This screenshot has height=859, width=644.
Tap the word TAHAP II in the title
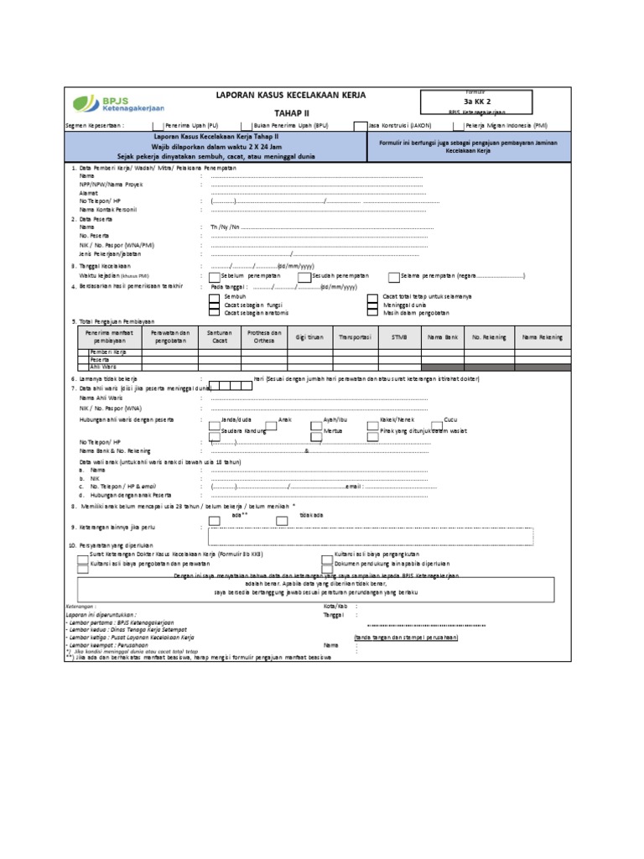[x=291, y=112]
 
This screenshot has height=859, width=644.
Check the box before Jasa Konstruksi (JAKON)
[x=361, y=126]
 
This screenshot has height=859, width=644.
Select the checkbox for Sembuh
[x=215, y=297]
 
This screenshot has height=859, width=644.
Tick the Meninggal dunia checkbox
[x=372, y=305]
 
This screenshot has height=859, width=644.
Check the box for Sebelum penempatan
[x=215, y=276]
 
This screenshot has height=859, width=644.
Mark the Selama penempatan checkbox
[x=394, y=276]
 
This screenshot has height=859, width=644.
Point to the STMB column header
[x=397, y=337]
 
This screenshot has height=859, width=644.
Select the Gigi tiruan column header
[x=309, y=337]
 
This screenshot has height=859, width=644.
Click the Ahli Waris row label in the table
[x=103, y=366]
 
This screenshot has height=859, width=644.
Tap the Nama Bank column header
[x=443, y=337]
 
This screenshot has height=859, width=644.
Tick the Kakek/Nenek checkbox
[x=373, y=418]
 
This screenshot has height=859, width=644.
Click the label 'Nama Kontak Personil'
[x=108, y=209]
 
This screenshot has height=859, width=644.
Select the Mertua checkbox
[x=315, y=430]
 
